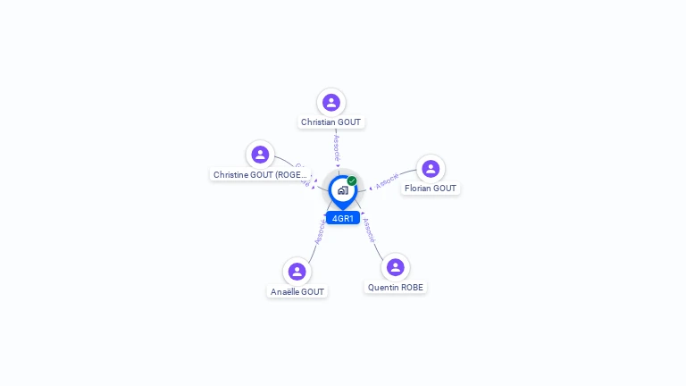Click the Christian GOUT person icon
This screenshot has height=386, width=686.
pyautogui.click(x=331, y=103)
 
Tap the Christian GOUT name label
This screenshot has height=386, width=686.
pyautogui.click(x=331, y=122)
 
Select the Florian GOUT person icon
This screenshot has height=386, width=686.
pyautogui.click(x=431, y=169)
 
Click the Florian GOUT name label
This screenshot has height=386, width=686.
pyautogui.click(x=431, y=189)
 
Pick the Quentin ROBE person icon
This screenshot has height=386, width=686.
pyautogui.click(x=395, y=267)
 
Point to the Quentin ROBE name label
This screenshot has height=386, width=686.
pyautogui.click(x=396, y=288)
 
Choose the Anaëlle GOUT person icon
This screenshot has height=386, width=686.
pyautogui.click(x=297, y=272)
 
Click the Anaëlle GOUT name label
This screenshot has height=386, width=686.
pyautogui.click(x=297, y=291)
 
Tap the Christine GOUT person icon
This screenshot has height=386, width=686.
pyautogui.click(x=260, y=155)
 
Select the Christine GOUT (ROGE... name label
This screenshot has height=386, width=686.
pyautogui.click(x=260, y=175)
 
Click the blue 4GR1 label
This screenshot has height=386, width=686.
pyautogui.click(x=343, y=218)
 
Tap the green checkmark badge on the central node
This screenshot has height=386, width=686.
pyautogui.click(x=352, y=180)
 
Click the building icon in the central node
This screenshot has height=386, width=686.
pyautogui.click(x=342, y=190)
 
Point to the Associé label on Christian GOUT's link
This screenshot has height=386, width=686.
pyautogui.click(x=336, y=147)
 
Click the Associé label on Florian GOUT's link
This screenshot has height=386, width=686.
pyautogui.click(x=387, y=181)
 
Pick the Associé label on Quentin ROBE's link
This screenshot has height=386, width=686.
pyautogui.click(x=368, y=231)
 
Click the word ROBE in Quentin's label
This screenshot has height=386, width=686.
pyautogui.click(x=412, y=288)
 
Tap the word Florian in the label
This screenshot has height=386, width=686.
pyautogui.click(x=418, y=189)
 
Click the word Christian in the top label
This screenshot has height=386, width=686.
pyautogui.click(x=318, y=122)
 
